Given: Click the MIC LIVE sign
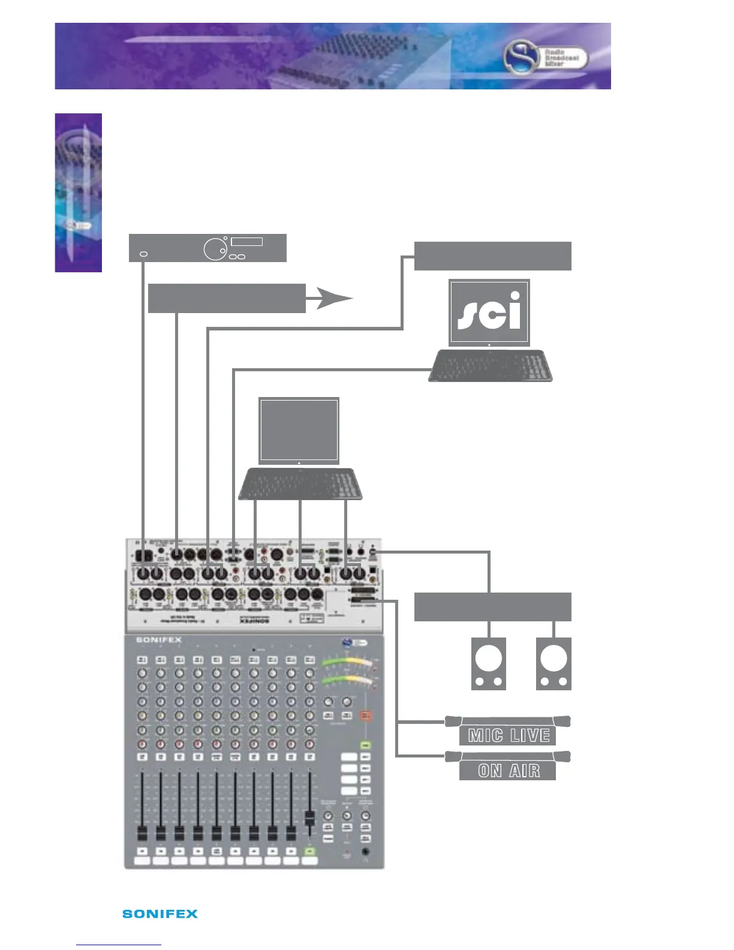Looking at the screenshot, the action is click(508, 735).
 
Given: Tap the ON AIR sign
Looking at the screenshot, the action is click(508, 770).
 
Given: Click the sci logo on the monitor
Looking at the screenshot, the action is click(489, 312).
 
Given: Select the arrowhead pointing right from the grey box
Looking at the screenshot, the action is click(333, 298).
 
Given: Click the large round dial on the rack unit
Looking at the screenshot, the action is click(215, 249).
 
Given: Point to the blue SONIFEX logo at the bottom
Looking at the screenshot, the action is click(160, 913).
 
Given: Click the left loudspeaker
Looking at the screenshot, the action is click(488, 664).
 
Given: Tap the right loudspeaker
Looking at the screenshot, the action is click(553, 664).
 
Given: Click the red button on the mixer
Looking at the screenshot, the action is click(366, 716).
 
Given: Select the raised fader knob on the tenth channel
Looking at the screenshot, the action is click(309, 818).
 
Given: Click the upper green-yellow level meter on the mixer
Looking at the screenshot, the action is click(347, 663).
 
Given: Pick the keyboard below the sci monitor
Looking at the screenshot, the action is click(491, 366).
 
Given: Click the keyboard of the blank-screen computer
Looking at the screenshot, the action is click(300, 484).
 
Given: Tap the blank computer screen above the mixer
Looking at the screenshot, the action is click(299, 430).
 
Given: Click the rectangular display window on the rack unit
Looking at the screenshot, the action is click(246, 242).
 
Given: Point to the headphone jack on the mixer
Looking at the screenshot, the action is click(365, 852).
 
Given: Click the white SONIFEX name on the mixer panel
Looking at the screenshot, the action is click(158, 640).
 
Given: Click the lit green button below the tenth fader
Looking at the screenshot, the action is click(309, 851).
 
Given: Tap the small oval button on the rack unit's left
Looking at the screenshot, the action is click(143, 254).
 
